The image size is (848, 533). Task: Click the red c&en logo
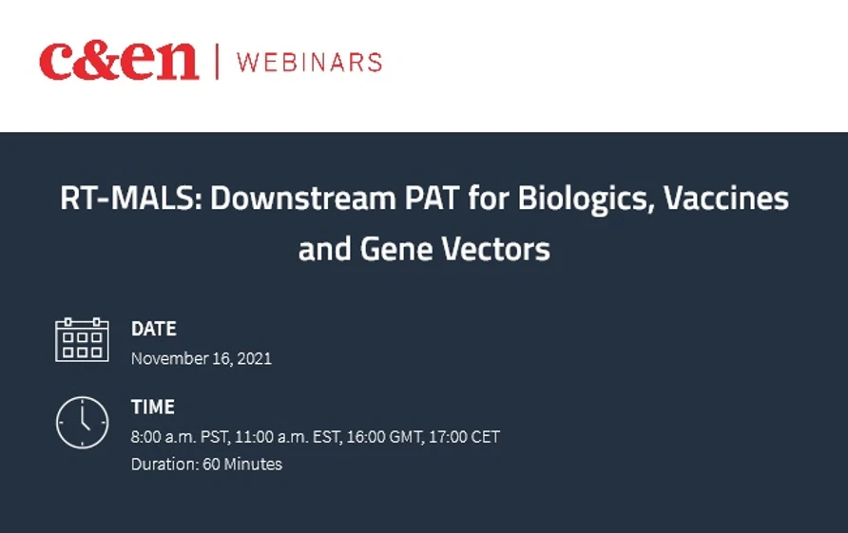tap(119, 62)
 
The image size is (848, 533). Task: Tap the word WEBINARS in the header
tap(309, 63)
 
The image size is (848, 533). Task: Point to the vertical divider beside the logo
tap(218, 63)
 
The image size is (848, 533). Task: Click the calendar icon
tap(82, 340)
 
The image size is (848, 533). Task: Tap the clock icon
tap(82, 422)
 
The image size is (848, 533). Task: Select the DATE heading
tap(154, 329)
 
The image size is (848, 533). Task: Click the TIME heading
tap(153, 407)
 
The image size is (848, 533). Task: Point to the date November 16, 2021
tap(202, 358)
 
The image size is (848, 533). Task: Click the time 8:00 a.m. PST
tap(179, 437)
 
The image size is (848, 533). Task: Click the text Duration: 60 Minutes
tap(206, 465)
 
